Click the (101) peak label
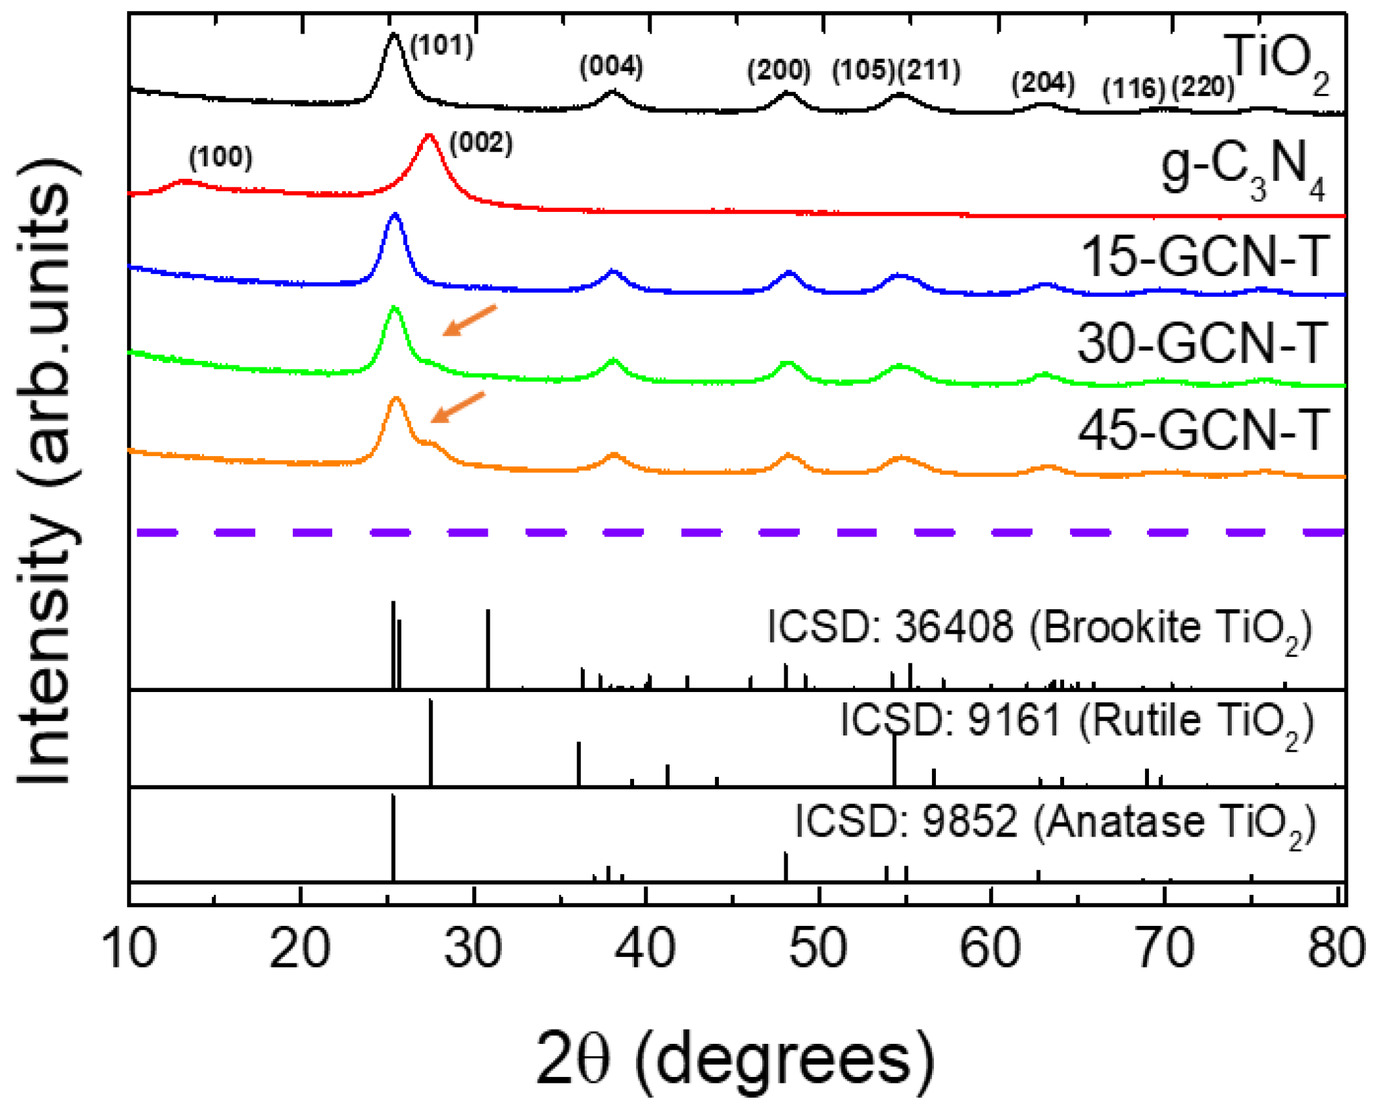tap(442, 45)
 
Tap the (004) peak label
tap(611, 66)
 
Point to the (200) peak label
tap(778, 69)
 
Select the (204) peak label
tap(1043, 82)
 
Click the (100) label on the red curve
tap(221, 157)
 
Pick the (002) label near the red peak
tap(481, 143)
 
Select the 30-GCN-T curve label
tap(1202, 343)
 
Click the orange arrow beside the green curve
tap(469, 320)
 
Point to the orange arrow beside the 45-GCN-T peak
tap(457, 407)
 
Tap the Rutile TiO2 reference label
tap(1076, 721)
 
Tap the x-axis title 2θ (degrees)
tap(735, 1058)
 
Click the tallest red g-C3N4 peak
tap(428, 136)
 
